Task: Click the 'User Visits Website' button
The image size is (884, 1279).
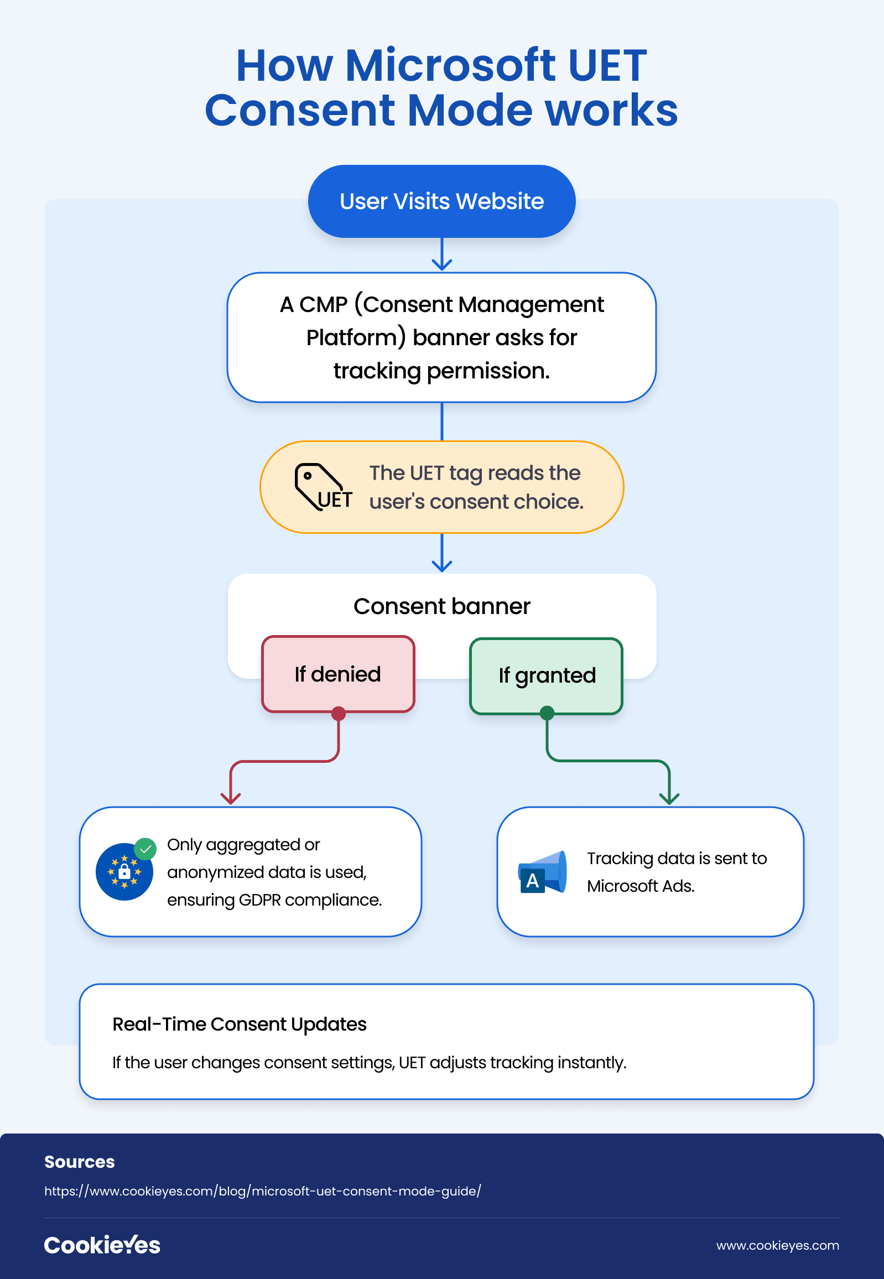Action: pyautogui.click(x=441, y=201)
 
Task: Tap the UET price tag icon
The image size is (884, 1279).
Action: pyautogui.click(x=323, y=487)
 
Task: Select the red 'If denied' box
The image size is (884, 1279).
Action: pyautogui.click(x=338, y=674)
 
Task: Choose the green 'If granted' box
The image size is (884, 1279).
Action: pyautogui.click(x=546, y=676)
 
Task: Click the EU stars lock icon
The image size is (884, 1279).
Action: pyautogui.click(x=124, y=871)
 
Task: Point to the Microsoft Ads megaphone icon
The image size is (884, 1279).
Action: pyautogui.click(x=542, y=872)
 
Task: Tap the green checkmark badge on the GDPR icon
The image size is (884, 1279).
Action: pyautogui.click(x=145, y=849)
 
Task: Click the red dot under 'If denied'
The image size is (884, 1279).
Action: pyautogui.click(x=339, y=714)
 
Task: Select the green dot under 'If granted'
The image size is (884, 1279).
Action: pyautogui.click(x=547, y=713)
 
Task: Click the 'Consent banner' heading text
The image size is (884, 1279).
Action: pyautogui.click(x=441, y=606)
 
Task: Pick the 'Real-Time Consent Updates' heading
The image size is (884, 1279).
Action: pyautogui.click(x=240, y=1024)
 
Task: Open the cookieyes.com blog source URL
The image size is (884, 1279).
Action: pyautogui.click(x=263, y=1191)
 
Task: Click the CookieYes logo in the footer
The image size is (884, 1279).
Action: pyautogui.click(x=102, y=1245)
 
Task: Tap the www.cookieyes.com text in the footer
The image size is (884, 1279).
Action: pyautogui.click(x=778, y=1245)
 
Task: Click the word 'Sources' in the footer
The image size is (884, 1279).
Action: pyautogui.click(x=79, y=1162)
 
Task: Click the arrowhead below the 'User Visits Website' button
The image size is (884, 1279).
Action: pyautogui.click(x=441, y=264)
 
